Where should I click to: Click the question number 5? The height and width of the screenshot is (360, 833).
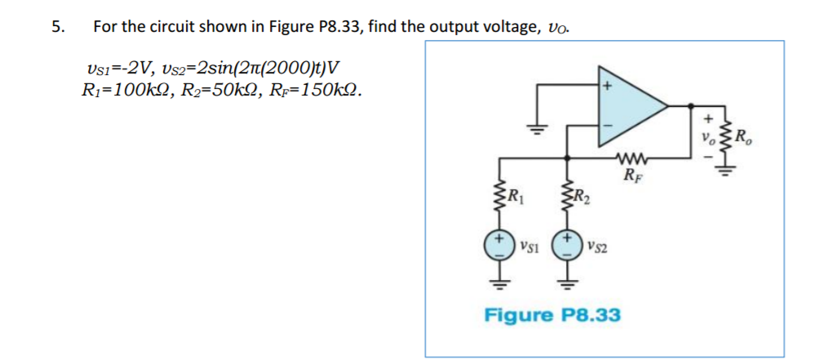(56, 26)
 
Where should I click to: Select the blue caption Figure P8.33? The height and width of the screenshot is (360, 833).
(552, 314)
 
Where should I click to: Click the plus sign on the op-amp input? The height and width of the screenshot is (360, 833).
(606, 85)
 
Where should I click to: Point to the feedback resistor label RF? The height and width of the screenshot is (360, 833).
(630, 173)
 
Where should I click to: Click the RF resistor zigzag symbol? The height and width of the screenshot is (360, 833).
(630, 157)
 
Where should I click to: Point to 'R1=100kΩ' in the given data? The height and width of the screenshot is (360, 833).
(122, 87)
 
